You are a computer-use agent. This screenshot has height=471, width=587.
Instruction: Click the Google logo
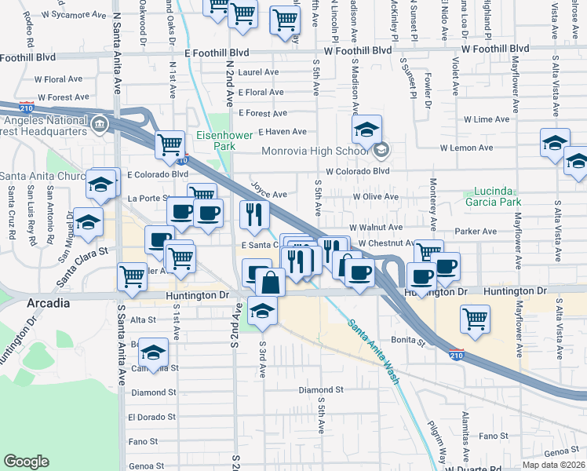pos(26,462)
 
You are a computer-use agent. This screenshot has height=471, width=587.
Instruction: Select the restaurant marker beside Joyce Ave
pos(254,214)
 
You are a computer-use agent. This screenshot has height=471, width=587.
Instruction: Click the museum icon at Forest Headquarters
pos(100,124)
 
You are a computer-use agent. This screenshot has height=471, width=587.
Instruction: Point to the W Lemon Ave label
pos(466,148)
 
